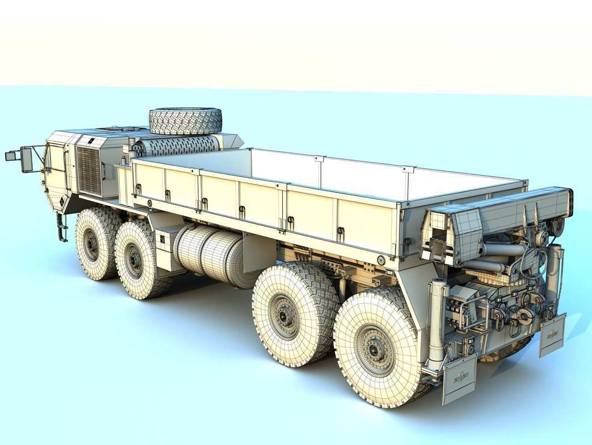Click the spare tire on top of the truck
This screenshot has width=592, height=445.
click(185, 120)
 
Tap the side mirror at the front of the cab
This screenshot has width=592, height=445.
click(26, 160)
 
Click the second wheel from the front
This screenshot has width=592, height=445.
click(137, 259)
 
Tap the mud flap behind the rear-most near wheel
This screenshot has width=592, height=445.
click(459, 379)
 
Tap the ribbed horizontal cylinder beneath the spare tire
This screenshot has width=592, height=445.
click(178, 146)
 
